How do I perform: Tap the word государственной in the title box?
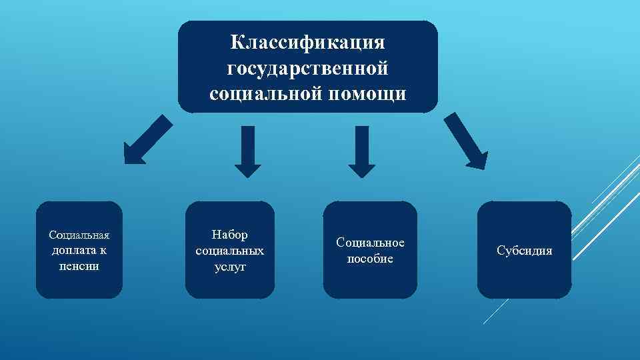307,68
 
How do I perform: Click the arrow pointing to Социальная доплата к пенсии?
147,139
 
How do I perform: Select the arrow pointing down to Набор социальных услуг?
248,152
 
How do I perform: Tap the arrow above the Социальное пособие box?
362,152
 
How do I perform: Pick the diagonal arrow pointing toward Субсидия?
466,141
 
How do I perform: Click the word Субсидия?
525,251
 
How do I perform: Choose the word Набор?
229,235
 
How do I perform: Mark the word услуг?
230,267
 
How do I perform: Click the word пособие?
370,259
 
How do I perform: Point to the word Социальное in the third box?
370,243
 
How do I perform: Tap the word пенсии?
79,266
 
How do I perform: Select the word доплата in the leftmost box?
75,251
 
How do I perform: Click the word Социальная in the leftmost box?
79,235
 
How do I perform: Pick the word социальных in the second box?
230,251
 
